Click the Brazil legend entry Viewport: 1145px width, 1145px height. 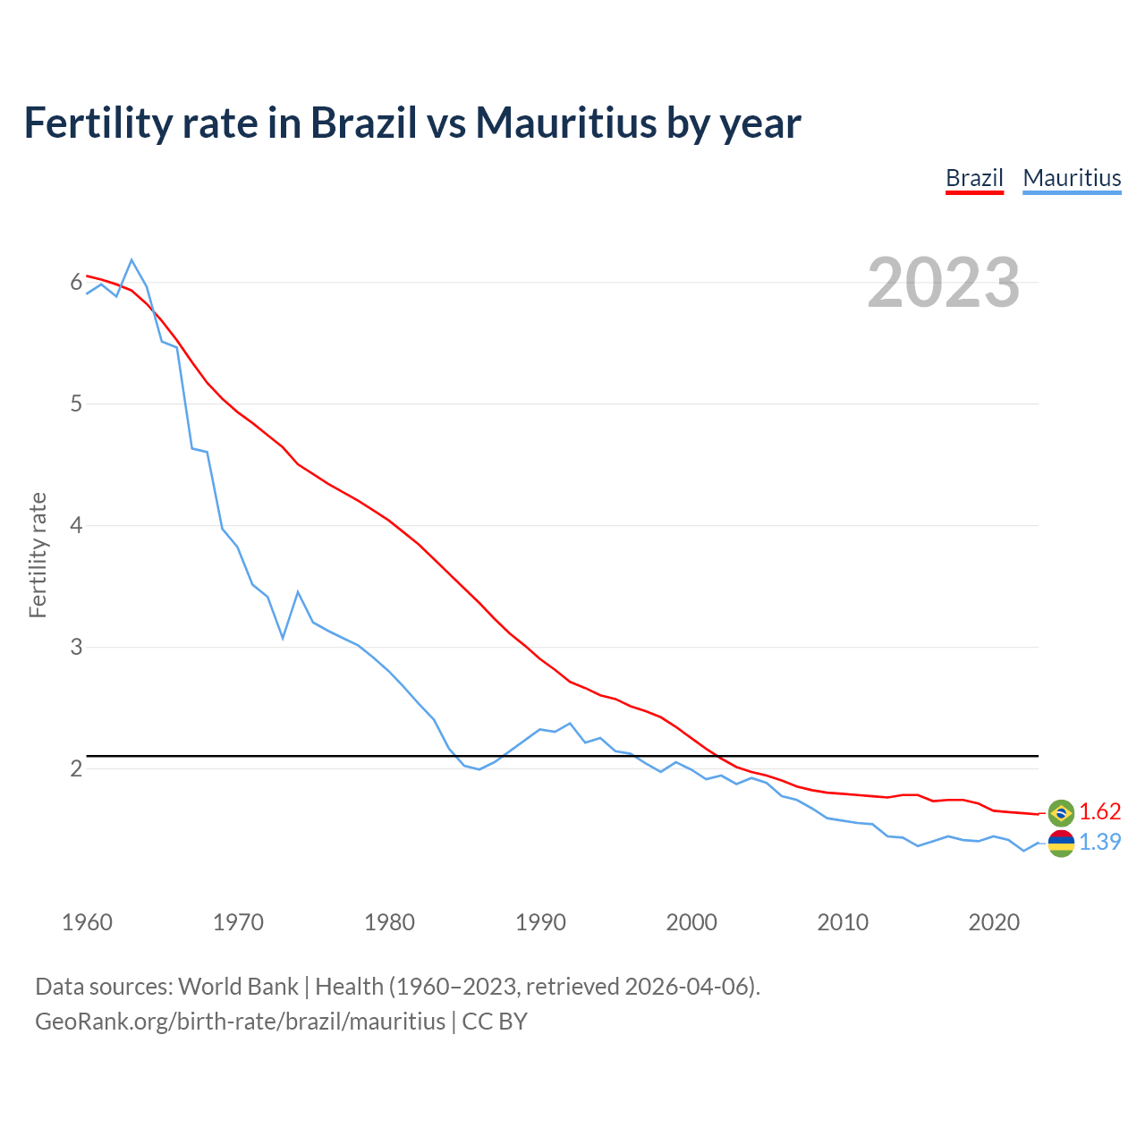(x=974, y=178)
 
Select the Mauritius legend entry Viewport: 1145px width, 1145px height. (x=1072, y=178)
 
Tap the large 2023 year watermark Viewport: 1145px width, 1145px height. (x=944, y=283)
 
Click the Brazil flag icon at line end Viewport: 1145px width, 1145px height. (x=1061, y=812)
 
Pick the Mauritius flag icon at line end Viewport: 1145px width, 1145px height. (x=1061, y=843)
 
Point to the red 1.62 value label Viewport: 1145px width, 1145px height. (x=1099, y=811)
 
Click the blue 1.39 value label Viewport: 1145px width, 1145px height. (x=1099, y=842)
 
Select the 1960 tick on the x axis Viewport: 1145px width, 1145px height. (x=87, y=922)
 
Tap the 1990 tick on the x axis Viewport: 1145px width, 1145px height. (x=540, y=922)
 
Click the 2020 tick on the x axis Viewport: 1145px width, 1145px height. (x=994, y=922)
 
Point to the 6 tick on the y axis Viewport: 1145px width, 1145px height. (x=76, y=283)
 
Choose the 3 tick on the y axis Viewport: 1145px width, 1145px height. (x=76, y=647)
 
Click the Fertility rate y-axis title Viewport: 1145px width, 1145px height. (x=38, y=555)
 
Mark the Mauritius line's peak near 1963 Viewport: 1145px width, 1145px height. (x=131, y=260)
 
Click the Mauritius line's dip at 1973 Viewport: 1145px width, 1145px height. (x=283, y=638)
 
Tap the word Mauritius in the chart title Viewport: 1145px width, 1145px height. (x=567, y=123)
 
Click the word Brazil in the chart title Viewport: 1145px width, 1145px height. (x=363, y=123)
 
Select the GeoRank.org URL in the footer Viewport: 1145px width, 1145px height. (x=240, y=1021)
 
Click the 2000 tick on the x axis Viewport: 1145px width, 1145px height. (x=691, y=922)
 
